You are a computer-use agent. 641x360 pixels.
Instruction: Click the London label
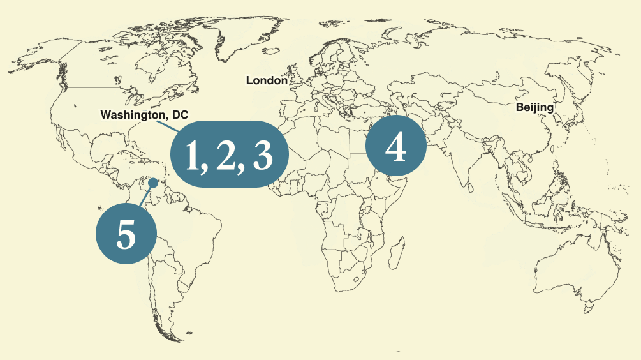pos(267,80)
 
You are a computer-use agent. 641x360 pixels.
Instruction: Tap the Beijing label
pos(534,107)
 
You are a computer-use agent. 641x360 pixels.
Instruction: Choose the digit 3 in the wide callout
pos(263,155)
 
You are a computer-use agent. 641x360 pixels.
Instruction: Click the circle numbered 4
pos(395,147)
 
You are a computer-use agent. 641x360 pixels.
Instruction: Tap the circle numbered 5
pos(126,234)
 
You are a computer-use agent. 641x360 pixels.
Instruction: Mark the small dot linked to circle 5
pos(153,183)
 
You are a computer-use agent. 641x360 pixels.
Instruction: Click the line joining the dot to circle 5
pos(146,195)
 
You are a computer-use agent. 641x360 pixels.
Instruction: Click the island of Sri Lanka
pos(473,184)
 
